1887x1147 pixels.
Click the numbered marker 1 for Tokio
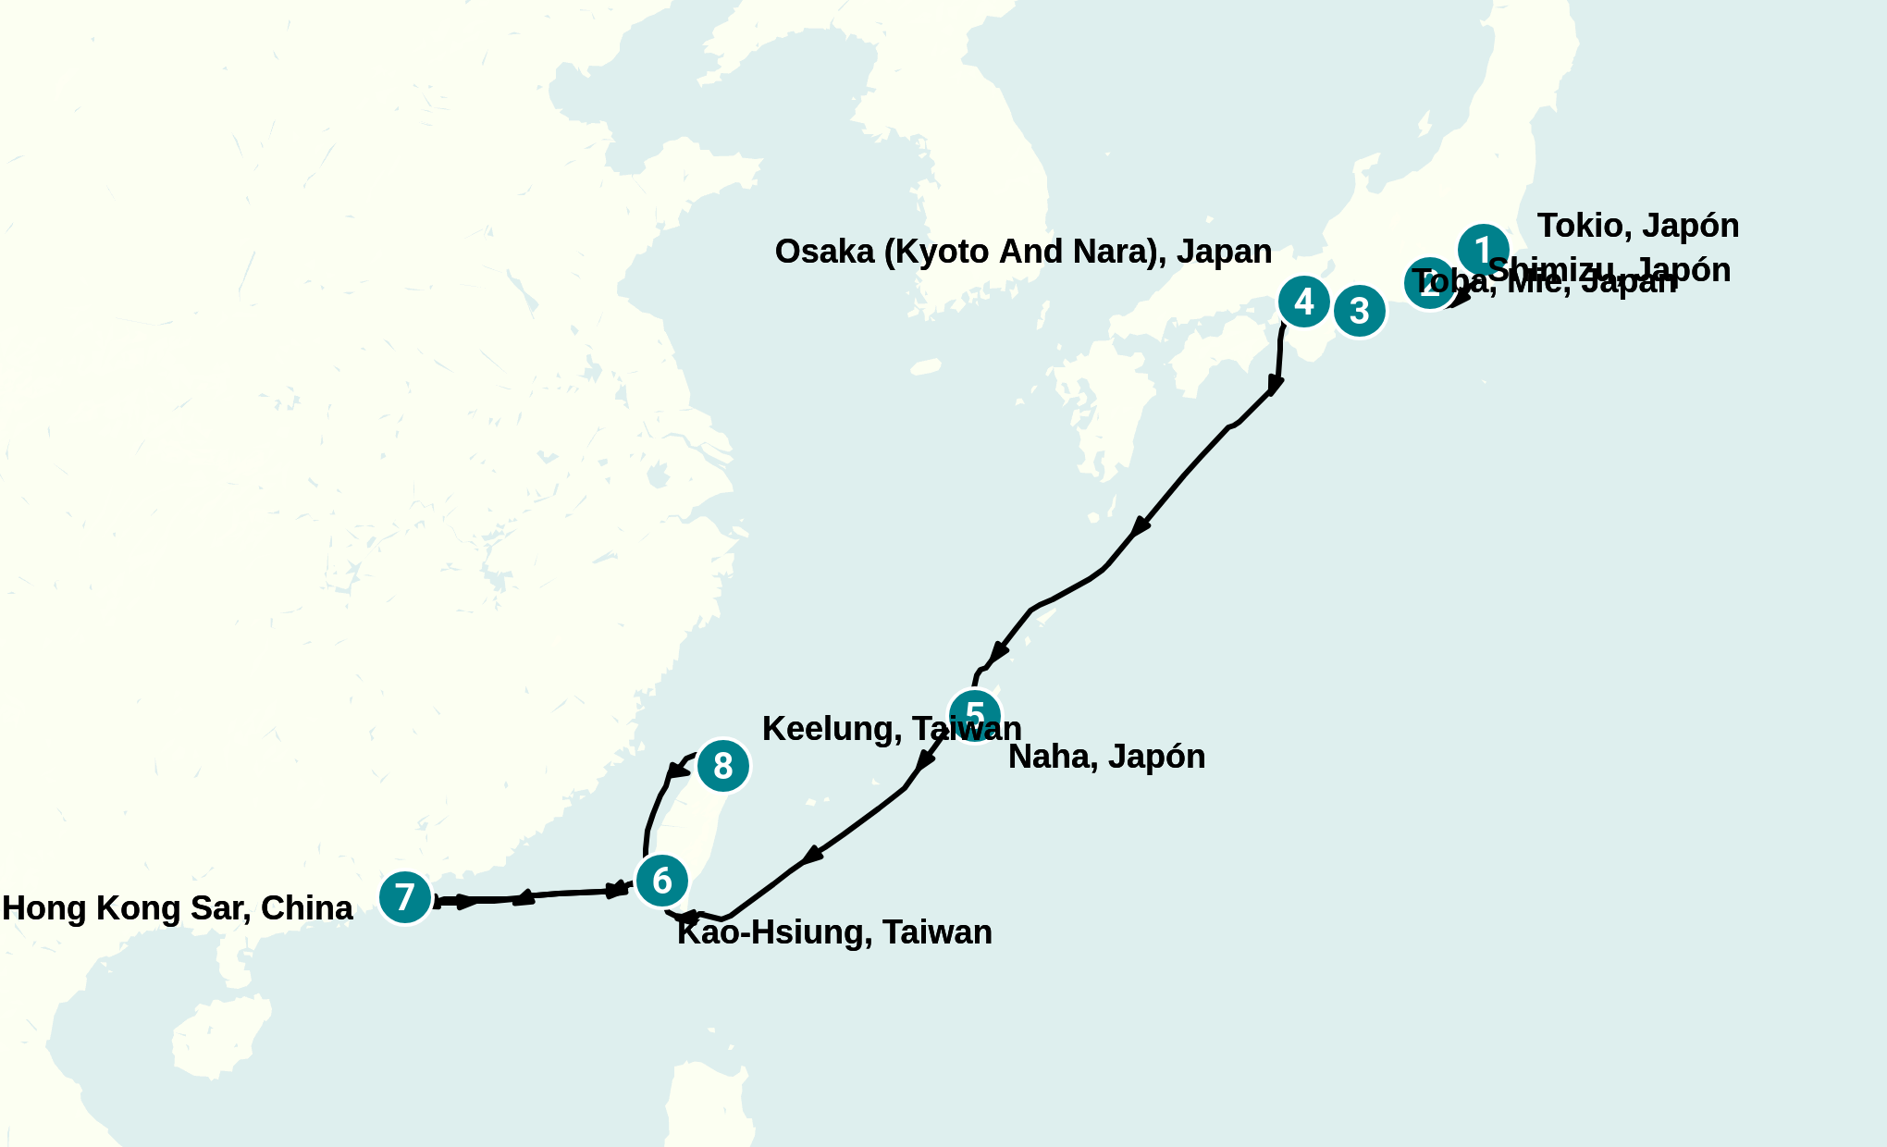pos(1484,250)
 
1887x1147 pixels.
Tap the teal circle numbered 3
pos(1359,312)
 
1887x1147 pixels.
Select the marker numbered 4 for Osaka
pos(1303,302)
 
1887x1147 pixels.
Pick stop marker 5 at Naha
pos(975,715)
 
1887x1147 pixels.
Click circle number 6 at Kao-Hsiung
pos(661,881)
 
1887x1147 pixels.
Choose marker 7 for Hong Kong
pos(405,896)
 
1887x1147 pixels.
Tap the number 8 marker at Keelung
pos(722,766)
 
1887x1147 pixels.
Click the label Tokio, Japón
pos(1637,227)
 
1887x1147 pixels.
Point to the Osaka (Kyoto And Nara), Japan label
pos(1023,252)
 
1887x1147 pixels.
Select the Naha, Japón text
pos(1106,758)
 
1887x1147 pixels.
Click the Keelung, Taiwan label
pos(891,729)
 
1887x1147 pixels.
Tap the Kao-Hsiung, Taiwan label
pos(834,932)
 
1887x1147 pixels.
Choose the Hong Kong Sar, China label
pos(177,908)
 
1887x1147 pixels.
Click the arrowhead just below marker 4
pos(1276,384)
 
